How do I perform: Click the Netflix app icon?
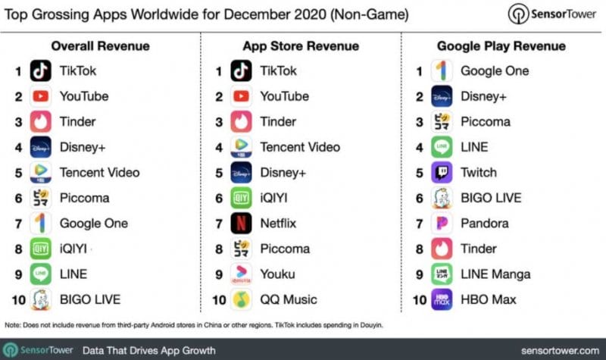[x=242, y=224]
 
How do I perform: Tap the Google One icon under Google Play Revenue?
[x=442, y=71]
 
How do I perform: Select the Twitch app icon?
[x=442, y=173]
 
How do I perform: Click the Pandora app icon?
[x=442, y=224]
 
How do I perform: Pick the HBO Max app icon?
[x=442, y=300]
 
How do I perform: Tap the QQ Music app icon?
[x=242, y=300]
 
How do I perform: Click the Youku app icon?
[x=242, y=274]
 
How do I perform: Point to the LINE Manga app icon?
[x=442, y=274]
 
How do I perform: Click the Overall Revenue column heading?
[x=100, y=46]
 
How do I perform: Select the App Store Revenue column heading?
[x=301, y=46]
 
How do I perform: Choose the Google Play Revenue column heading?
[x=501, y=46]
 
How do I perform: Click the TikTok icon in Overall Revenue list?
[x=41, y=71]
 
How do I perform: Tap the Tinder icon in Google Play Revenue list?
[x=442, y=249]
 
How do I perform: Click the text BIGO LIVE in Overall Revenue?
[x=90, y=300]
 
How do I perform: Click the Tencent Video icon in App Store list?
[x=242, y=147]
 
